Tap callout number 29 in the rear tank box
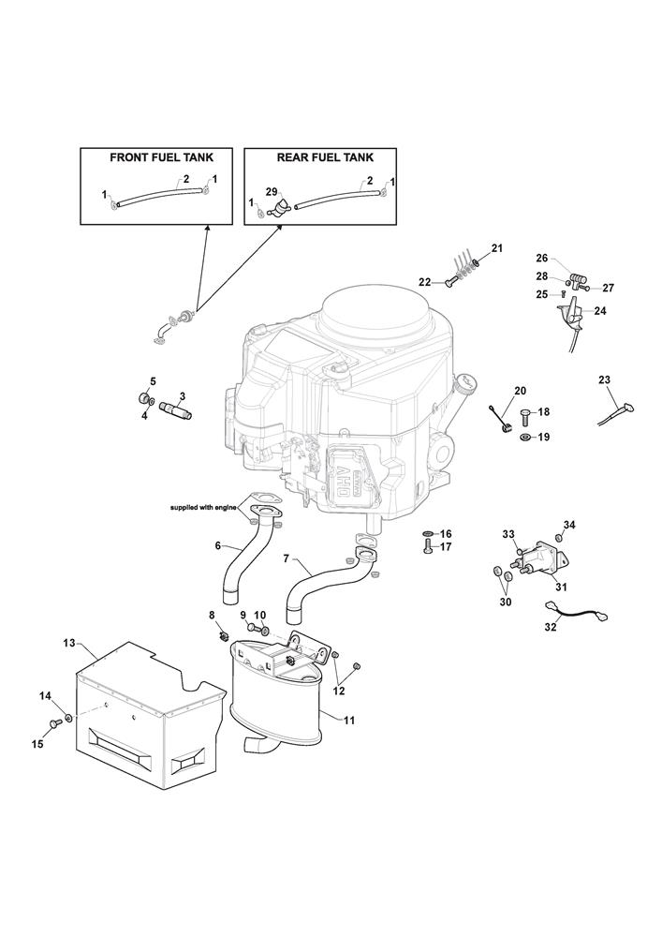(x=272, y=191)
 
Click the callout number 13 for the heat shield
(x=68, y=643)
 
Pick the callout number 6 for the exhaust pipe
(x=217, y=545)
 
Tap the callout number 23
(x=604, y=379)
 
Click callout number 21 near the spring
(x=497, y=248)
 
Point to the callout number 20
(x=521, y=390)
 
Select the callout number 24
(x=599, y=310)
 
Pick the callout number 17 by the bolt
(x=446, y=546)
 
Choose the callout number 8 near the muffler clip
(x=212, y=615)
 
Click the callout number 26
(x=541, y=258)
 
